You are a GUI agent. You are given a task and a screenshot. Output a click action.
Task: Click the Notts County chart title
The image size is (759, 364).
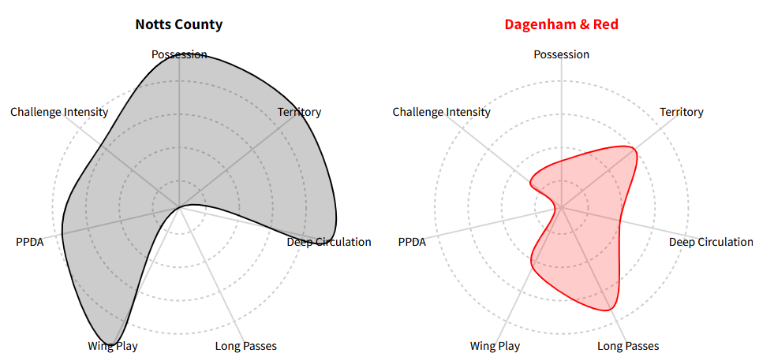179,24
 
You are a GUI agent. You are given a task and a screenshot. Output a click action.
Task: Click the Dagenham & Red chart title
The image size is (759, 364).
561,24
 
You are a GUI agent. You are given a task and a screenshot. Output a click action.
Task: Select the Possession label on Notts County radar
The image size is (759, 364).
179,54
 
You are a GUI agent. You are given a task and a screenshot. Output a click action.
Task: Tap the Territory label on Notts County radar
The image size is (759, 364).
299,112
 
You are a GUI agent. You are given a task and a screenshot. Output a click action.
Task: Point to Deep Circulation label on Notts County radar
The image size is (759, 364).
329,242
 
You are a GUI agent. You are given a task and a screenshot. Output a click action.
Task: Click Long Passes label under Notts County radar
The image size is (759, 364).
246,346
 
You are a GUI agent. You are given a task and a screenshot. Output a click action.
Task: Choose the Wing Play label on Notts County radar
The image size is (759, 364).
113,346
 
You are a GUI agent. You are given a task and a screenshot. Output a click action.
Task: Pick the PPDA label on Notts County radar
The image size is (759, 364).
30,242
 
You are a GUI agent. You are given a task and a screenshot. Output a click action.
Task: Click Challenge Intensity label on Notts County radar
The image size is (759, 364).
59,112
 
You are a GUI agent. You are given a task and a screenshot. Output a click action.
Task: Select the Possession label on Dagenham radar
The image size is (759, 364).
561,54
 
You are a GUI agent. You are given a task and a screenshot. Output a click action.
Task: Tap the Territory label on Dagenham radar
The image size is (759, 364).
682,112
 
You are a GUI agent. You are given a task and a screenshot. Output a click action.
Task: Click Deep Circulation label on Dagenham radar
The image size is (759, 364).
711,242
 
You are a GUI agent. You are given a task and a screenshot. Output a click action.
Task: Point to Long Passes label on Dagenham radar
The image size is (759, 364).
628,346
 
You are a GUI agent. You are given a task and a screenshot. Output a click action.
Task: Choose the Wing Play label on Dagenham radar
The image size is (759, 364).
495,346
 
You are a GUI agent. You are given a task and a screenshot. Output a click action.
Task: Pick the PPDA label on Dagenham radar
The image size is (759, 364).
412,242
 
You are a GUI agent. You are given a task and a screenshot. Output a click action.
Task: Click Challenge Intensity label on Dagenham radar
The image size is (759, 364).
441,112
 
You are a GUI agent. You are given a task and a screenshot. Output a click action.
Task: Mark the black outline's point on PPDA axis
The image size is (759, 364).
62,235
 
